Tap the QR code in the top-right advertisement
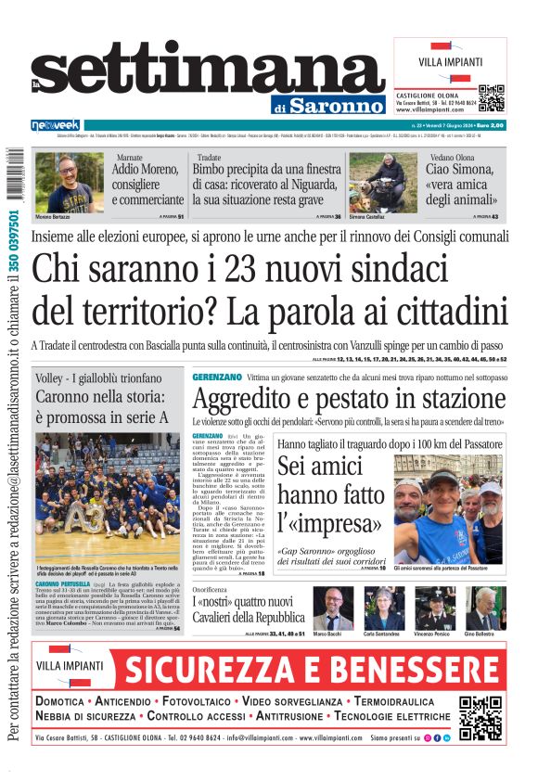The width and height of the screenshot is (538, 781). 491,97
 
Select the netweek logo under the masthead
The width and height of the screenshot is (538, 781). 56,125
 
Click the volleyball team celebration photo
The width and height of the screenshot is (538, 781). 107,497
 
